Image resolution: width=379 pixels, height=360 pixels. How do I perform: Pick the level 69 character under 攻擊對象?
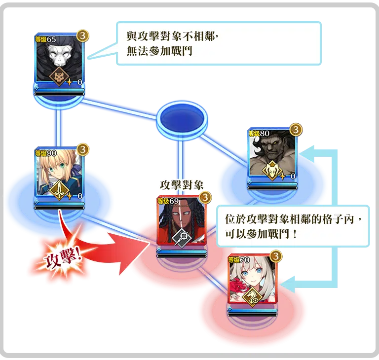(181, 220)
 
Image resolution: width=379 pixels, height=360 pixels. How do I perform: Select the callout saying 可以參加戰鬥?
(292, 225)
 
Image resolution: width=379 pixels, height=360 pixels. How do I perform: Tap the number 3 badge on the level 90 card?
(83, 148)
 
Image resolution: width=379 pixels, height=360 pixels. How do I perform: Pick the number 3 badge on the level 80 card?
(295, 130)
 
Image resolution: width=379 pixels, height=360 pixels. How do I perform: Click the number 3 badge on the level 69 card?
(205, 197)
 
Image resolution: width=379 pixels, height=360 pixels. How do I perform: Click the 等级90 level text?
(45, 153)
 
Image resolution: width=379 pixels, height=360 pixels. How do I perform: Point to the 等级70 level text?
(238, 260)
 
